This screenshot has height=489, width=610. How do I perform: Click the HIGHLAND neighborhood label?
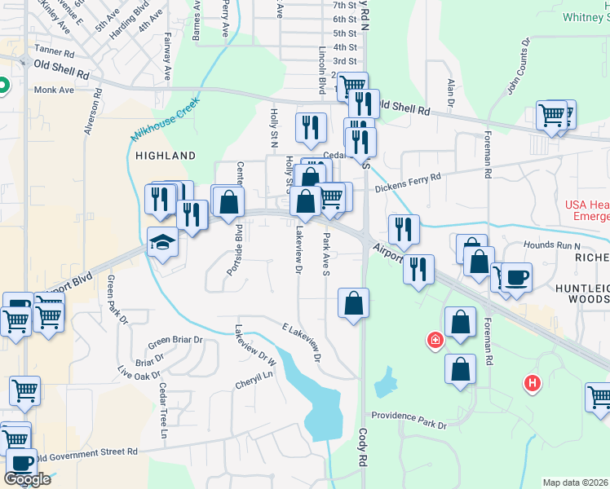click(x=166, y=155)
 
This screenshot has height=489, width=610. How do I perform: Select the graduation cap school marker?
click(x=162, y=242)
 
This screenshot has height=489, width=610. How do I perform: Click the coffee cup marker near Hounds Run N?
click(x=516, y=278)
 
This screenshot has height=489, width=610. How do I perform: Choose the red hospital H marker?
click(x=533, y=381)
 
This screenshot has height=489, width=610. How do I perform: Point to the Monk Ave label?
click(x=54, y=90)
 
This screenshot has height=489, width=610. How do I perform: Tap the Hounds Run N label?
click(x=550, y=245)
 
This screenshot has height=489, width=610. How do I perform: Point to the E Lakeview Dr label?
click(x=299, y=341)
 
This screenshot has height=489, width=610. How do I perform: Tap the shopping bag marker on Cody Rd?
click(x=353, y=304)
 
